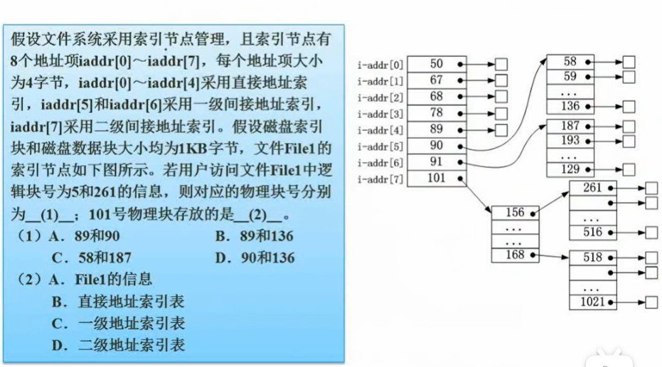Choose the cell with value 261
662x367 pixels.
click(x=592, y=188)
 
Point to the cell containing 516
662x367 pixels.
click(x=592, y=232)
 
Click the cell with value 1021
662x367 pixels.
click(x=592, y=302)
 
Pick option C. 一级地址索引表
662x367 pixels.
click(x=118, y=324)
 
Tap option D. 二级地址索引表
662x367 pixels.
click(x=118, y=346)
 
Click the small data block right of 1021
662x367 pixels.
click(x=651, y=302)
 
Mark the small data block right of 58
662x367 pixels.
click(x=629, y=63)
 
